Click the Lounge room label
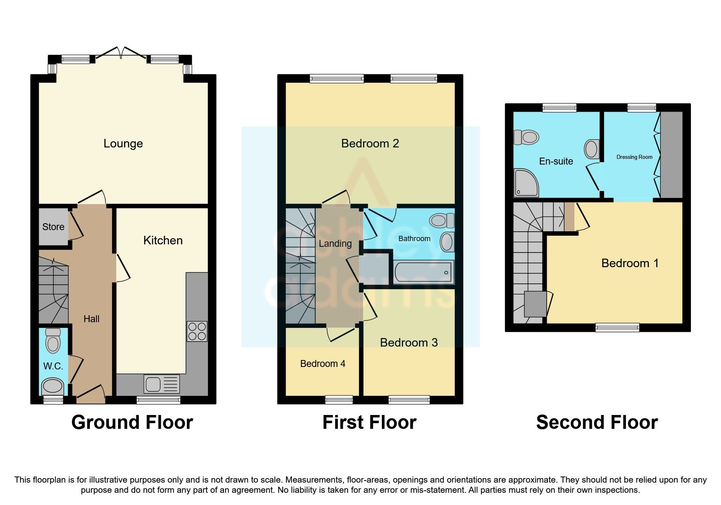(123, 143)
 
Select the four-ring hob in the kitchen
(197, 331)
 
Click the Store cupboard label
(53, 227)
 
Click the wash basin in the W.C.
(53, 386)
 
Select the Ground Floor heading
(132, 422)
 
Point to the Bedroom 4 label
(322, 364)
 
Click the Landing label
(335, 244)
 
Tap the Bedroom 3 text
(409, 343)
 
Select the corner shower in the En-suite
(526, 182)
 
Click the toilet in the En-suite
(526, 137)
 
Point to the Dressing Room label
(634, 157)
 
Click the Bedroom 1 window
(617, 327)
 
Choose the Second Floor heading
(597, 422)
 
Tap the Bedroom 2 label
(370, 143)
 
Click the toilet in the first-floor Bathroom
(442, 220)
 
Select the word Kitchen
(163, 240)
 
